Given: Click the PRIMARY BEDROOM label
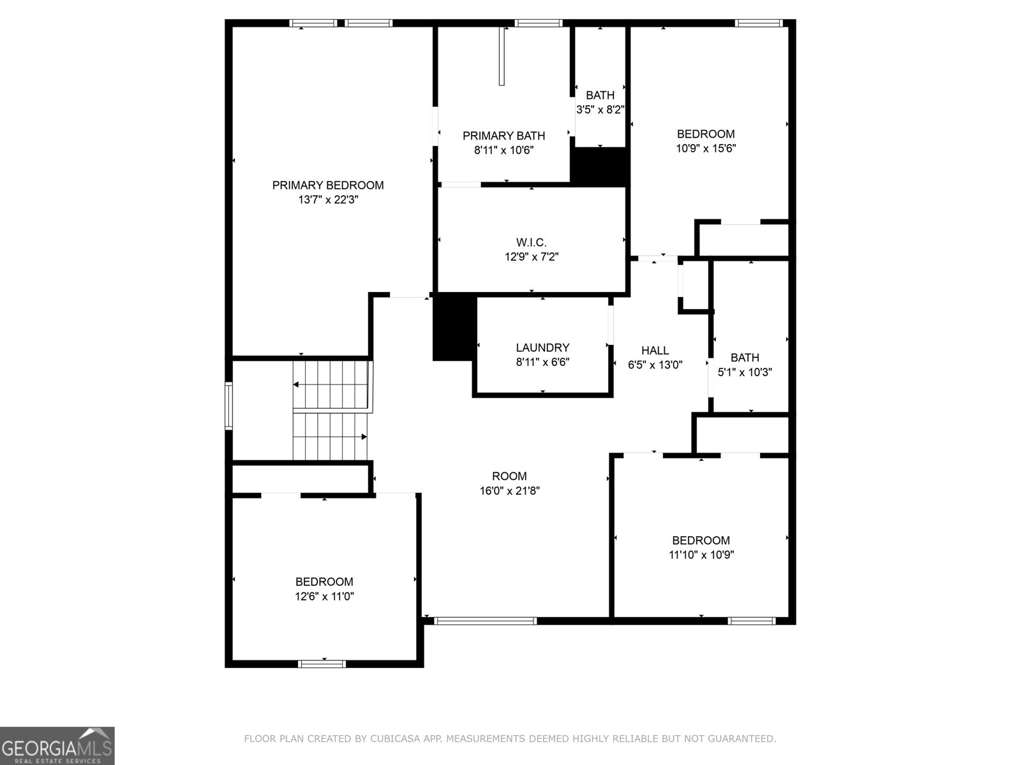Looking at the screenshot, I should point(328,186).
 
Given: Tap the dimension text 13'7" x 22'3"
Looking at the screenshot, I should point(328,200).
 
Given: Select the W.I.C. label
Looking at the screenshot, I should point(531,243).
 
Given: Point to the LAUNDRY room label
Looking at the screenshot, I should point(542,348).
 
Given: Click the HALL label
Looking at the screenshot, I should point(655,351).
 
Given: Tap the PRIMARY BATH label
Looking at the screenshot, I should point(503,136).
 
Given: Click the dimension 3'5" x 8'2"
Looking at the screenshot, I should point(600,110).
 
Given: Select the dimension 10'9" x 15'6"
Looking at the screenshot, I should point(705,149).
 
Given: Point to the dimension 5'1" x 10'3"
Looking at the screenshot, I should point(745,372).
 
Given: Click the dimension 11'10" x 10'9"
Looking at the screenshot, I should point(701,555).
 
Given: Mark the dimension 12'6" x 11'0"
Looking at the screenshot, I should point(324,597).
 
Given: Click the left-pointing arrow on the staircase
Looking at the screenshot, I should point(297,385).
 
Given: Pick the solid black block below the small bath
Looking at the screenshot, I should point(599,167).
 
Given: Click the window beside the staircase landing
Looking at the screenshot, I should point(228,405).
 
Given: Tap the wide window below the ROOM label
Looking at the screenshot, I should point(485,620).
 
